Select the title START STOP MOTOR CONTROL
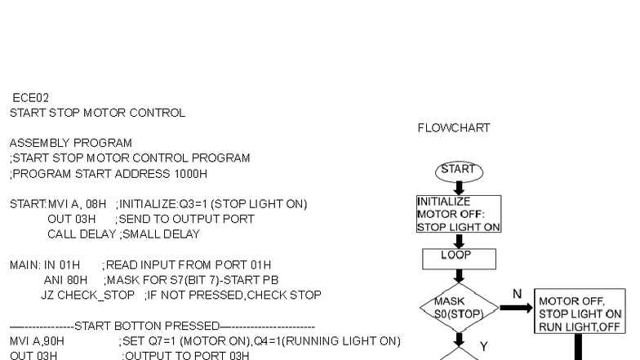point(97,112)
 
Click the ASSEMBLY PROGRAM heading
point(70,142)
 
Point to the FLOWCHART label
point(453,128)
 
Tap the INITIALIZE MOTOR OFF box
point(458,214)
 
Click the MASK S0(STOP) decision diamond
point(459,307)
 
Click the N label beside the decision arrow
point(517,292)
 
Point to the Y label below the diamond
point(482,346)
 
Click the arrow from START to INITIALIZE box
point(459,188)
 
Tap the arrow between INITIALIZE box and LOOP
point(459,241)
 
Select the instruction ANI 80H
point(53,279)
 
